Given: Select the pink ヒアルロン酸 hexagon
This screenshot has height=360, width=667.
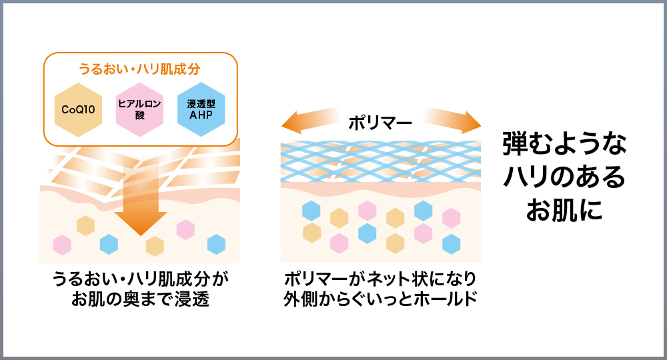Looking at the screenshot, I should click(139, 110).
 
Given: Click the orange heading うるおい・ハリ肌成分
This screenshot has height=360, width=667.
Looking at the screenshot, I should click(140, 69).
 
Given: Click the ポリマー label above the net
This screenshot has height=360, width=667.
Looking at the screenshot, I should click(381, 123).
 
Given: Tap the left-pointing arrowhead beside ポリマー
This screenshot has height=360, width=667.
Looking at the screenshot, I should click(291, 123).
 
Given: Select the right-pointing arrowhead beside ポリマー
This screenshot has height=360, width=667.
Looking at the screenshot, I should click(471, 123).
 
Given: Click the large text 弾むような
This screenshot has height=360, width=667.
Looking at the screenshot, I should click(564, 144).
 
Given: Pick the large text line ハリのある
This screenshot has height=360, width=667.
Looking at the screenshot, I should click(564, 177).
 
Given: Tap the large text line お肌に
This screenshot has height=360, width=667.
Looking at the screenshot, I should click(564, 211).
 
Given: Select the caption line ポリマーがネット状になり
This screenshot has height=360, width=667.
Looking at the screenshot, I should click(381, 279).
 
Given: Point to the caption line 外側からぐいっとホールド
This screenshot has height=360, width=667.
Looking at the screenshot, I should click(381, 299).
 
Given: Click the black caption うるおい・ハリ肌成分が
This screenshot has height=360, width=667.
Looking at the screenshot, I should click(140, 279).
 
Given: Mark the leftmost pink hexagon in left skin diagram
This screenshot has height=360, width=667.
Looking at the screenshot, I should click(62, 245).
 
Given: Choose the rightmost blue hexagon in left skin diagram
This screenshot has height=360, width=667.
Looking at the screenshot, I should click(216, 245).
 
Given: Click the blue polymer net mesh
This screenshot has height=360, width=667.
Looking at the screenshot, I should click(381, 160).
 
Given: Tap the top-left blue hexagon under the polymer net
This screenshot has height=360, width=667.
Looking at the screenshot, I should click(311, 211).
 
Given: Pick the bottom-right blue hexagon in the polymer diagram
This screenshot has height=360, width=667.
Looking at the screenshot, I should click(452, 244).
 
